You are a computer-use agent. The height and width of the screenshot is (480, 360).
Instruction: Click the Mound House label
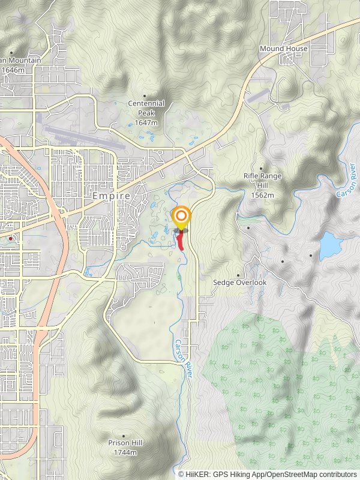[284, 49]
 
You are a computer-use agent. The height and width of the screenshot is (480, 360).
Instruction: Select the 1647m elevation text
[146, 123]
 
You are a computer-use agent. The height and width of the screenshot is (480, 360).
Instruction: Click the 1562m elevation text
[262, 196]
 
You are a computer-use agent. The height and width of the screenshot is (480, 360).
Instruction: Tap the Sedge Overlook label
[240, 282]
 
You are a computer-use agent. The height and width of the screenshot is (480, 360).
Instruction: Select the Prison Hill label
[125, 443]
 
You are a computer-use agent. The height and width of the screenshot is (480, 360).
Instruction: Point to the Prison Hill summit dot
[124, 436]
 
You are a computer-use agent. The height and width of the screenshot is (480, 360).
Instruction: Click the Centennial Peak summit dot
[145, 95]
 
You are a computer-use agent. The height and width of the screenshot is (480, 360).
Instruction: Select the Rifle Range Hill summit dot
[261, 169]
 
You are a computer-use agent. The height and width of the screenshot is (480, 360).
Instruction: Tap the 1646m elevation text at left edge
[13, 70]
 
